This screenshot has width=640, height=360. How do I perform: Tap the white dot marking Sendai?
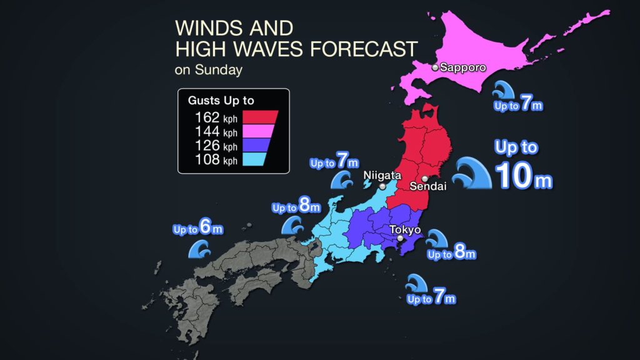(x=425, y=178)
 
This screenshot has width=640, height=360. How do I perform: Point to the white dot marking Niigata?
(x=382, y=186)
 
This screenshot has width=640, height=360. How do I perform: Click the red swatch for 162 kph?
(x=261, y=117)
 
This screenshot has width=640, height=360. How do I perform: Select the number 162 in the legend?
(x=207, y=117)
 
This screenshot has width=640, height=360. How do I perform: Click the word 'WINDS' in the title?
(x=201, y=28)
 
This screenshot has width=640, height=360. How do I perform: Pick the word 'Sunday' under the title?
(x=218, y=70)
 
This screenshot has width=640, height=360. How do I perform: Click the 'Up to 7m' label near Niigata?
(x=329, y=162)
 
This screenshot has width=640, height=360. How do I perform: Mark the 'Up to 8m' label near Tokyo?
(x=452, y=254)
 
